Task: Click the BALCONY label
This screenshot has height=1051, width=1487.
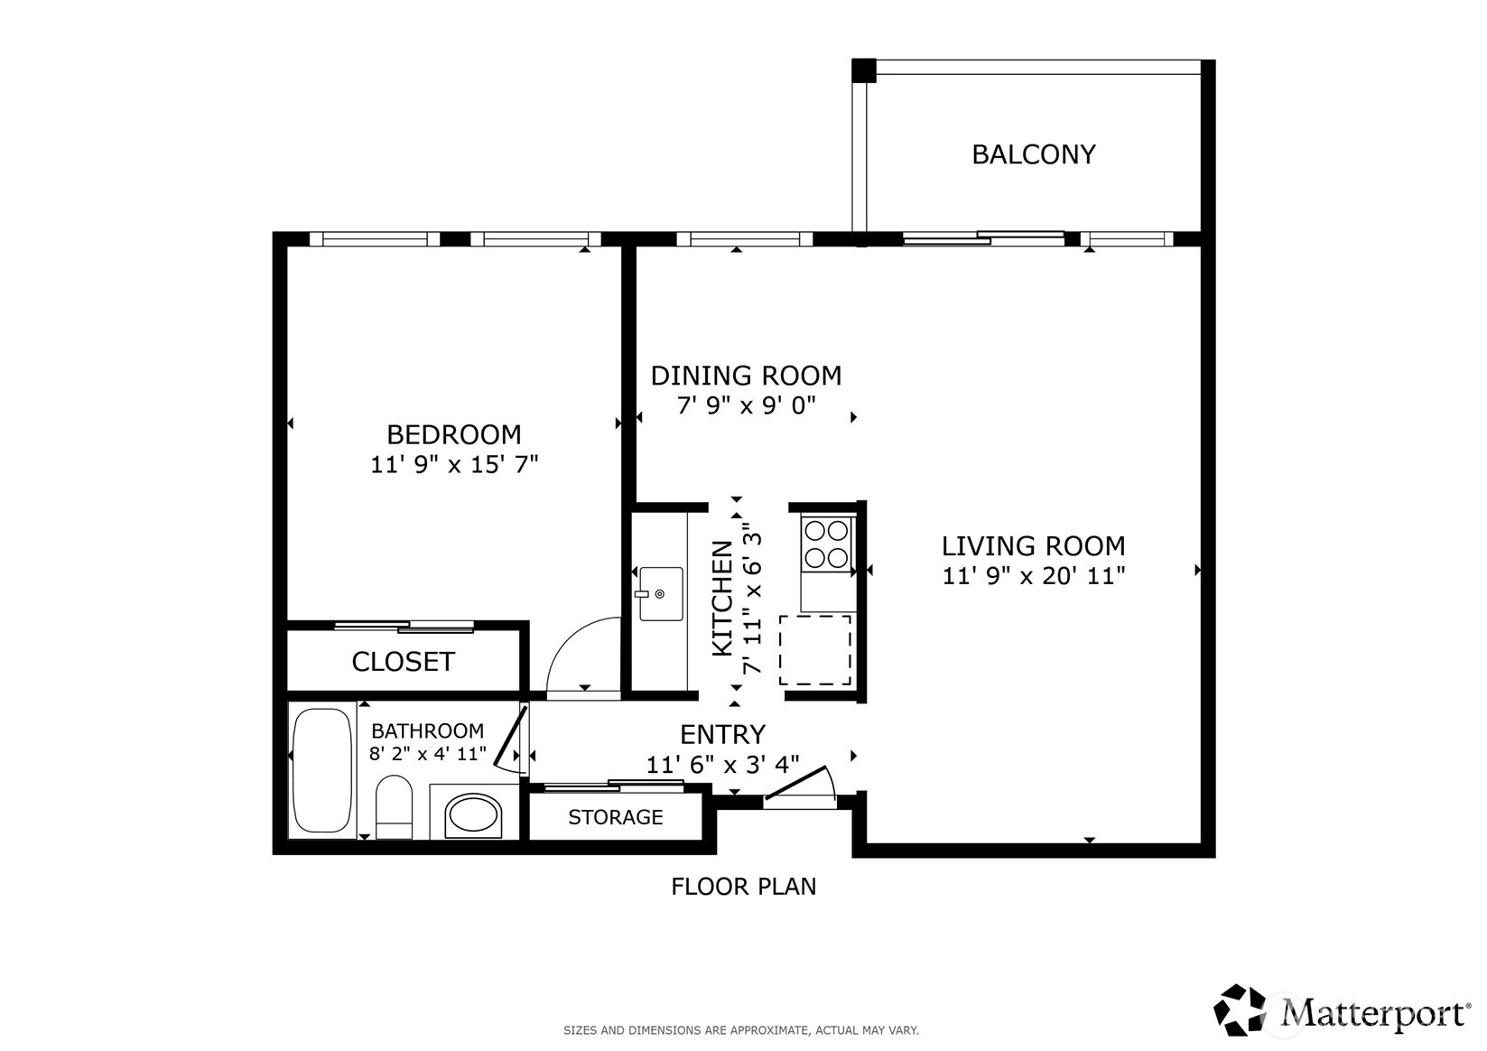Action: pyautogui.click(x=1034, y=154)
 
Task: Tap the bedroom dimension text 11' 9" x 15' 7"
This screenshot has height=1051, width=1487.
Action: pyautogui.click(x=454, y=464)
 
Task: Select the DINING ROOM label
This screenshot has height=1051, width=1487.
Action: pyautogui.click(x=746, y=376)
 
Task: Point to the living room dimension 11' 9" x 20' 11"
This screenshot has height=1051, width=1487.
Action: pyautogui.click(x=1034, y=575)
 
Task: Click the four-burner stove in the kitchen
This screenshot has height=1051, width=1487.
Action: pyautogui.click(x=826, y=544)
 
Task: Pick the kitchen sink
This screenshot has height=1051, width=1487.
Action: pyautogui.click(x=661, y=593)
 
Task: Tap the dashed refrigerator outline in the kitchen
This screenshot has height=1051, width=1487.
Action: pyautogui.click(x=815, y=650)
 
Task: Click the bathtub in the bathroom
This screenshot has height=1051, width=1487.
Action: pyautogui.click(x=322, y=770)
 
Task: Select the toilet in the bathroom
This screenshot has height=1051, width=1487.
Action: pyautogui.click(x=394, y=806)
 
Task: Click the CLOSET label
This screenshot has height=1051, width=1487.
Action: pyautogui.click(x=403, y=661)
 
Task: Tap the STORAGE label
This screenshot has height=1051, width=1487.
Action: pyautogui.click(x=616, y=816)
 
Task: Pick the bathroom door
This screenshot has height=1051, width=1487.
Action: pyautogui.click(x=511, y=737)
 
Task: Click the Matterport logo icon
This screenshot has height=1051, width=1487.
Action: pyautogui.click(x=1240, y=1009)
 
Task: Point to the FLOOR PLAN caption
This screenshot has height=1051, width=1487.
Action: pyautogui.click(x=744, y=887)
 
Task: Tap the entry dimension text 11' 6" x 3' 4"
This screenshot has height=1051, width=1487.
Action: pyautogui.click(x=723, y=765)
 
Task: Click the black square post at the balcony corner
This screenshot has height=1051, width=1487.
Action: pyautogui.click(x=864, y=71)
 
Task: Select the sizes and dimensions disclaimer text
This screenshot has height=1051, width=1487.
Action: pyautogui.click(x=741, y=1030)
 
